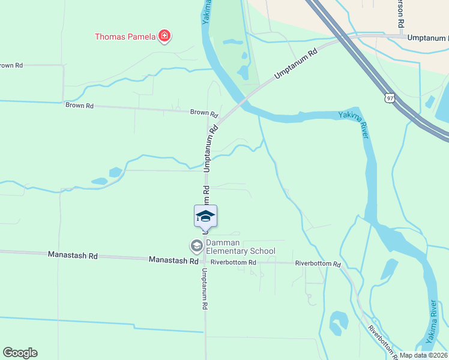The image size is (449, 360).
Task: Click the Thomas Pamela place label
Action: [x=125, y=37]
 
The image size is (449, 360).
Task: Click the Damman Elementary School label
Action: [x=240, y=247]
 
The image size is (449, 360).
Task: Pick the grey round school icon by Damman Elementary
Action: [x=196, y=245]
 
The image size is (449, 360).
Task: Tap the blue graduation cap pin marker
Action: [x=205, y=216]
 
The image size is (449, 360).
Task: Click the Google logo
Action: [x=20, y=353]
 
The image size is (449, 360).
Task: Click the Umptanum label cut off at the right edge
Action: [x=427, y=37]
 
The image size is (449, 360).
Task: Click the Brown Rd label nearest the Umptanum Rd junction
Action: [x=204, y=113]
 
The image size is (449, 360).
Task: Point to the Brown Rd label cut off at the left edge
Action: [x=11, y=65]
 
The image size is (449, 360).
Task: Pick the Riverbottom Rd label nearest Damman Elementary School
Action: [x=234, y=262]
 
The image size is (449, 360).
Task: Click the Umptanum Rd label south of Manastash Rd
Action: [x=205, y=289]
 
